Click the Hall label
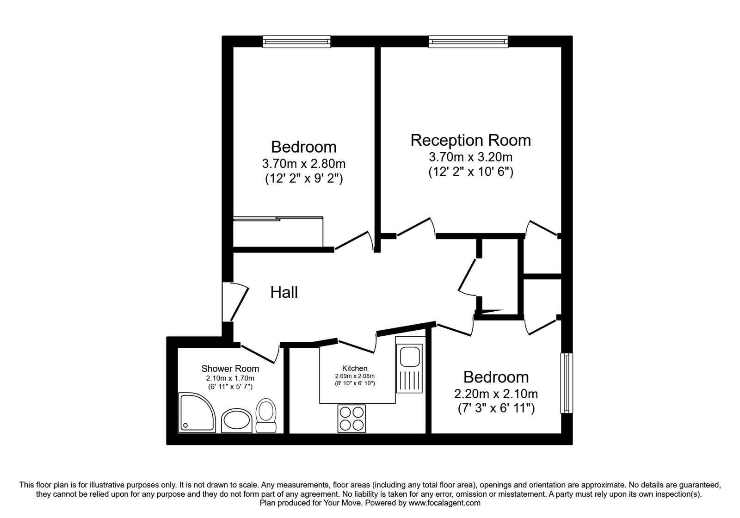[x=284, y=292]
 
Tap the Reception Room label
[x=470, y=140]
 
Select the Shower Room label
[x=230, y=369]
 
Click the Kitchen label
[x=355, y=368]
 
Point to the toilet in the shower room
[x=266, y=415]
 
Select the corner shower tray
[x=196, y=412]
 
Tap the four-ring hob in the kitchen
[x=351, y=418]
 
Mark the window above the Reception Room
[x=468, y=42]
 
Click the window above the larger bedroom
[x=296, y=42]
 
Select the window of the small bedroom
[x=567, y=383]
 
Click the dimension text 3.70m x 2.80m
[x=304, y=163]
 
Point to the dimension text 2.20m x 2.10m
[x=496, y=394]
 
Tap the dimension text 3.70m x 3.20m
[x=470, y=157]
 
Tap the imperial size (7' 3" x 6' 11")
[x=496, y=408]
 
